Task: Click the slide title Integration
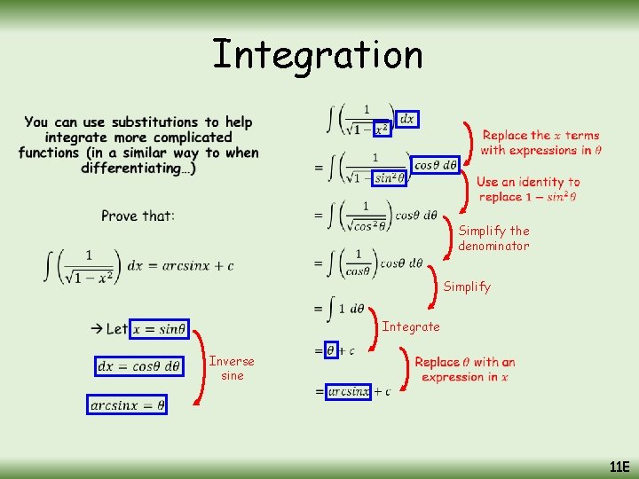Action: [x=318, y=55]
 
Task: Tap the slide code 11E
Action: [x=619, y=467]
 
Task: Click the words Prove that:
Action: [x=138, y=216]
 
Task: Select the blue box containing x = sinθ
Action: [x=160, y=329]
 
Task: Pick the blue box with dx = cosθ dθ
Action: [x=138, y=365]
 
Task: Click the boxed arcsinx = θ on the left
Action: [x=127, y=405]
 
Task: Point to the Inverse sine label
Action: [x=232, y=368]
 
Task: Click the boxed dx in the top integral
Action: [x=406, y=119]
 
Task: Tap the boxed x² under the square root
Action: [x=381, y=130]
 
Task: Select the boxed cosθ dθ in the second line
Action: [x=436, y=165]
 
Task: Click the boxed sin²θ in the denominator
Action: [x=389, y=177]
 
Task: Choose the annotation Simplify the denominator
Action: [x=493, y=239]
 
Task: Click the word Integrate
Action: [x=410, y=326]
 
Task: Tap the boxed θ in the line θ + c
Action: [x=331, y=350]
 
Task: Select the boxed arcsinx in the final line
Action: [x=348, y=391]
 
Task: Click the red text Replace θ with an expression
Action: [x=464, y=369]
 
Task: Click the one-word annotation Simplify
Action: [x=466, y=287]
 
